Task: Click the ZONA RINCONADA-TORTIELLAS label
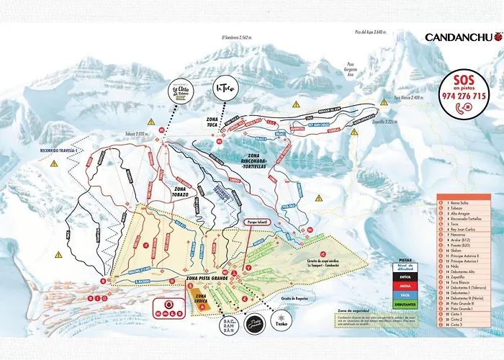click(248, 161)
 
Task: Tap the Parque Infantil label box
click(257, 222)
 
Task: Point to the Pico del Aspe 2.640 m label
click(371, 32)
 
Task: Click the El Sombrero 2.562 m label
click(235, 37)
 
